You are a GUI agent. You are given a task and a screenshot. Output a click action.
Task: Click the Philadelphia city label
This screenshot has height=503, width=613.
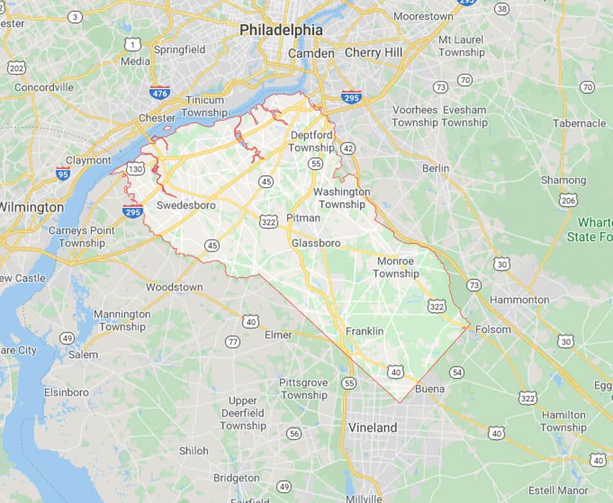pyautogui.click(x=281, y=30)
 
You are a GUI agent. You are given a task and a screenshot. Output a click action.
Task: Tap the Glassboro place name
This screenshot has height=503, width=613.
pyautogui.click(x=316, y=243)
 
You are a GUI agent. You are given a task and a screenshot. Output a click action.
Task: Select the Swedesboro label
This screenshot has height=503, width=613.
pyautogui.click(x=186, y=205)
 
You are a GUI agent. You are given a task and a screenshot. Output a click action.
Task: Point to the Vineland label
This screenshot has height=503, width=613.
pyautogui.click(x=372, y=428)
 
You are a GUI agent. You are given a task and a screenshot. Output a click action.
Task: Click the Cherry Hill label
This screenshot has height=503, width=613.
pyautogui.click(x=374, y=52)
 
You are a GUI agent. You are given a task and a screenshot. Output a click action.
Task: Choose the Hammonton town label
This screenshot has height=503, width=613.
pyautogui.click(x=519, y=299)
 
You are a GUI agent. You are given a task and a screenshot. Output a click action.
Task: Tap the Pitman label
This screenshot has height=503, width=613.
pyautogui.click(x=303, y=217)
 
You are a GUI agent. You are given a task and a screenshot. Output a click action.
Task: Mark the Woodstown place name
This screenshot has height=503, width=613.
pyautogui.click(x=174, y=287)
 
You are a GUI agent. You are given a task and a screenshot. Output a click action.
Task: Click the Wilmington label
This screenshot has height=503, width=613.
pyautogui.click(x=32, y=207)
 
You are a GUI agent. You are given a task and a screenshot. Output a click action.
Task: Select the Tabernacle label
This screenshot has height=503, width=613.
pyautogui.click(x=579, y=123)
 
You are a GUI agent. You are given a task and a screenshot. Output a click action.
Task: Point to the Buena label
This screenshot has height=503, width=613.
pyautogui.click(x=430, y=389)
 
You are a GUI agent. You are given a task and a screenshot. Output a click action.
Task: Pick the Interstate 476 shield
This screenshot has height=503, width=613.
pyautogui.click(x=159, y=92)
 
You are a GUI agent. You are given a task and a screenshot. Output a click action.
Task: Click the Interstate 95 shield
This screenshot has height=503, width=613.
pyautogui.click(x=63, y=173)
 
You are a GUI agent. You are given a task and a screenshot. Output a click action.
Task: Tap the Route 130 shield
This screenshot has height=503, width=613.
pyautogui.click(x=136, y=169)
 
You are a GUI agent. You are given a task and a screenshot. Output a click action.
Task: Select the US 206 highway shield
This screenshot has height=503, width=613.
pyautogui.click(x=568, y=200)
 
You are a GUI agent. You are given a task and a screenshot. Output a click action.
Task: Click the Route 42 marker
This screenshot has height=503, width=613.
pyautogui.click(x=348, y=148)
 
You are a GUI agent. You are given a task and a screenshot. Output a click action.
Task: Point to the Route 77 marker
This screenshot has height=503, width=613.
pyautogui.click(x=233, y=342)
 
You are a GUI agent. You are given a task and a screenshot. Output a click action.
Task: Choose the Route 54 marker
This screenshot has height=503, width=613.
pyautogui.click(x=457, y=372)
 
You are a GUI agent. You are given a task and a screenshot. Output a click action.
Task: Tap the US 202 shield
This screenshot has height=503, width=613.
pyautogui.click(x=17, y=68)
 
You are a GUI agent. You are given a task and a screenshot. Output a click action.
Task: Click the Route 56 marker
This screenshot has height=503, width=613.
pyautogui.click(x=294, y=433)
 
